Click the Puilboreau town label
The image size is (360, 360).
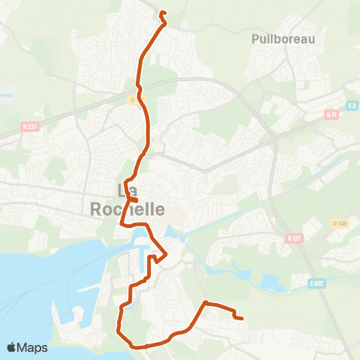pos(283,38)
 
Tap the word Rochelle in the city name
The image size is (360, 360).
pos(127,209)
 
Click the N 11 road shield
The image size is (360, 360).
pos(331,115)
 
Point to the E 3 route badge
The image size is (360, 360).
pos(351,106)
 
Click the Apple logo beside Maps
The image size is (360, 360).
pos(11,347)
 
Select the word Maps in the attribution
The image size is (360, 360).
pos(32,347)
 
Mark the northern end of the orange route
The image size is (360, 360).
pos(162,12)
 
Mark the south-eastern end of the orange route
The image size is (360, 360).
pos(241,318)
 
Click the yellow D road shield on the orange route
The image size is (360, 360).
pos(132,99)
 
